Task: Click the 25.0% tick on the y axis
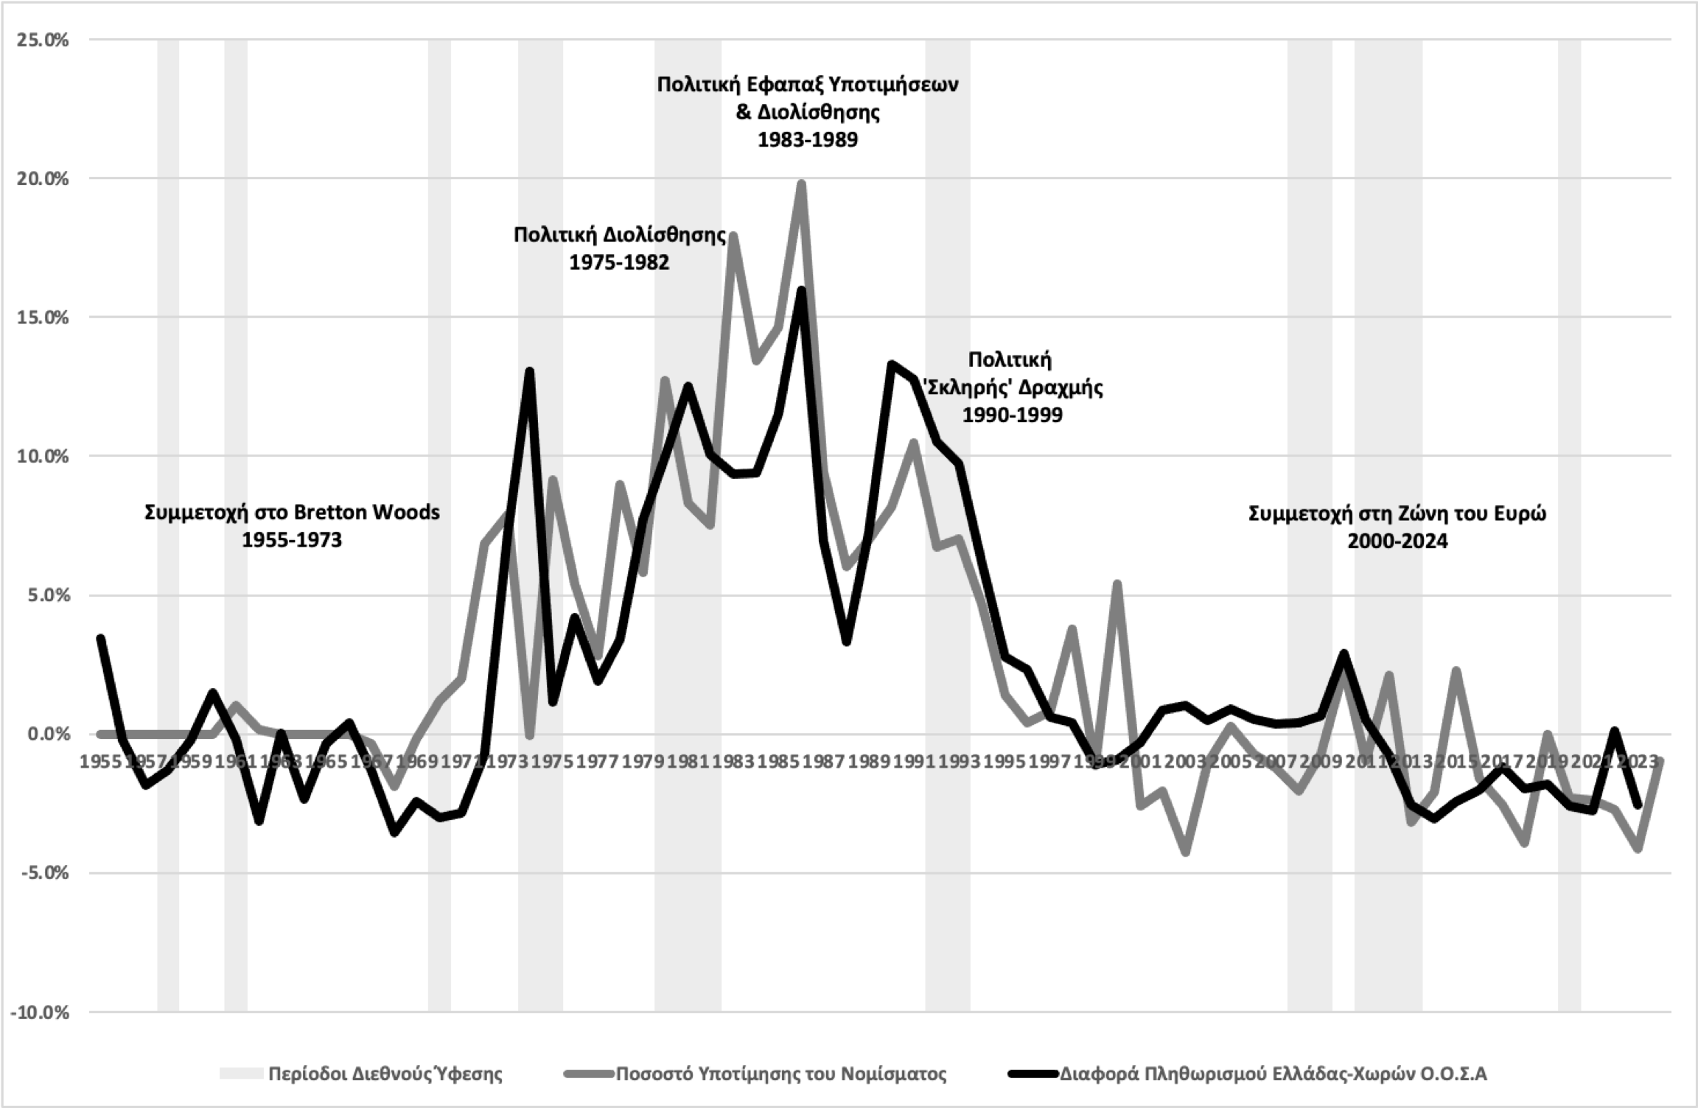42,40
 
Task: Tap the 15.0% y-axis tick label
42,318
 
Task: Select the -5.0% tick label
42,873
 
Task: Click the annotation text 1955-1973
292,540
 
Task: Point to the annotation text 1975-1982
619,263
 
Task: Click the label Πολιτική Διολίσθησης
619,235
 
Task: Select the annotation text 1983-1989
808,140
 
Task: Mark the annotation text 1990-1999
1012,415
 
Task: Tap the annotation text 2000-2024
1397,541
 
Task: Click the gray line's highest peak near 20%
801,183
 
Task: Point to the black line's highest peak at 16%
802,290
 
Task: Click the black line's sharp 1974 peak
529,371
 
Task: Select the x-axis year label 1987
823,761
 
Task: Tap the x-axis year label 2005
1229,761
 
